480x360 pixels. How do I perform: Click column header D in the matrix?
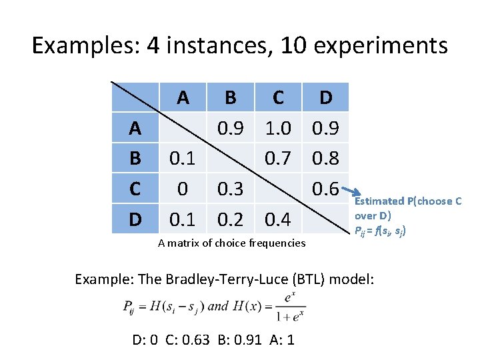pyautogui.click(x=325, y=98)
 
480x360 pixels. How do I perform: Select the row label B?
pyautogui.click(x=135, y=159)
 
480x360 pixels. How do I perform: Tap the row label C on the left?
pyautogui.click(x=135, y=189)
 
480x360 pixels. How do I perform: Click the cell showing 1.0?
pyautogui.click(x=278, y=128)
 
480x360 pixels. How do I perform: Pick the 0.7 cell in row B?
pyautogui.click(x=278, y=159)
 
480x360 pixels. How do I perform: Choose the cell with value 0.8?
pyautogui.click(x=325, y=159)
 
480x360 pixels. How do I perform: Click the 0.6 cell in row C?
pyautogui.click(x=325, y=189)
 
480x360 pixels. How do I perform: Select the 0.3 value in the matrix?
pyautogui.click(x=230, y=189)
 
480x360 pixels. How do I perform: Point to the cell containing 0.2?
pyautogui.click(x=230, y=219)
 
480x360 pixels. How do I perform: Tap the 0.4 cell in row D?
pyautogui.click(x=278, y=219)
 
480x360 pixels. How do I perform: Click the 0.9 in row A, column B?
pyautogui.click(x=230, y=128)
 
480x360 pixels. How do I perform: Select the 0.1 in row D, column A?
pyautogui.click(x=183, y=219)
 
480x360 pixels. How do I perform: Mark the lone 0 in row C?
pyautogui.click(x=183, y=189)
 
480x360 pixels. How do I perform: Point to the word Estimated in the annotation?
pyautogui.click(x=379, y=201)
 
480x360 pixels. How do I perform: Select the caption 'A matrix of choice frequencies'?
pyautogui.click(x=232, y=243)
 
